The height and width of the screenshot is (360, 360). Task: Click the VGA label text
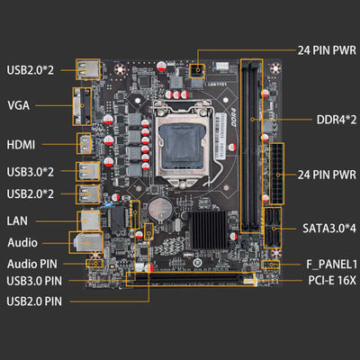click(18, 105)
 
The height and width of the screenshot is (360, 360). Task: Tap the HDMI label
click(21, 145)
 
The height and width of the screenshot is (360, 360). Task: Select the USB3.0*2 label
click(31, 172)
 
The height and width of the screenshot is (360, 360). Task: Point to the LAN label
click(17, 220)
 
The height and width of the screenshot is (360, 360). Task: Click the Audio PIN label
click(32, 264)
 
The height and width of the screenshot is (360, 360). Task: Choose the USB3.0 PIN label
click(34, 281)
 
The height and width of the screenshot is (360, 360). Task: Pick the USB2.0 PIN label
click(34, 301)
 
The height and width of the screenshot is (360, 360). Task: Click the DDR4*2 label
click(337, 120)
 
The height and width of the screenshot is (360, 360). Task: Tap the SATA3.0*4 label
click(329, 229)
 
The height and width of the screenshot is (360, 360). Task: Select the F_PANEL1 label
click(331, 265)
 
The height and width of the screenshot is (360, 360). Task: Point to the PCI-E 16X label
click(332, 281)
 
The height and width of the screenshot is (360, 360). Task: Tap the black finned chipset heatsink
click(208, 229)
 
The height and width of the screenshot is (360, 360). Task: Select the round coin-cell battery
click(160, 209)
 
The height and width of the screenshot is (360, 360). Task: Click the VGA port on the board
click(82, 106)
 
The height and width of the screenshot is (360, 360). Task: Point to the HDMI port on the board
click(84, 143)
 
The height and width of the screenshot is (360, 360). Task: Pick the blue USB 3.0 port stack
click(87, 171)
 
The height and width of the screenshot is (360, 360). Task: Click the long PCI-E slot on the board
click(191, 279)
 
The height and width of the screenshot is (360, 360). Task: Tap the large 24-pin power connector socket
click(277, 174)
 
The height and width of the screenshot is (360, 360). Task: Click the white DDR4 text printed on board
click(234, 118)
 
